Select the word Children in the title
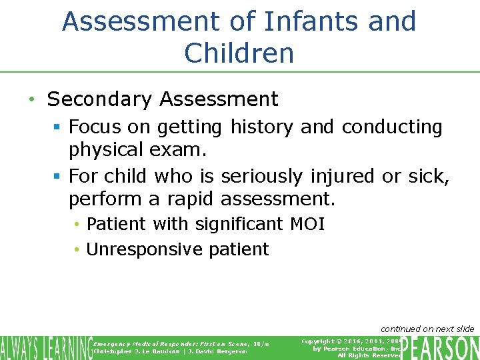(239, 53)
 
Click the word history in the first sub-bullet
(262, 127)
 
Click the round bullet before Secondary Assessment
(31, 100)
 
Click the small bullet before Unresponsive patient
(77, 250)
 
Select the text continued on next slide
(427, 329)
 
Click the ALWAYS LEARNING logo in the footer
(45, 347)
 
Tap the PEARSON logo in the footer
(440, 347)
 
